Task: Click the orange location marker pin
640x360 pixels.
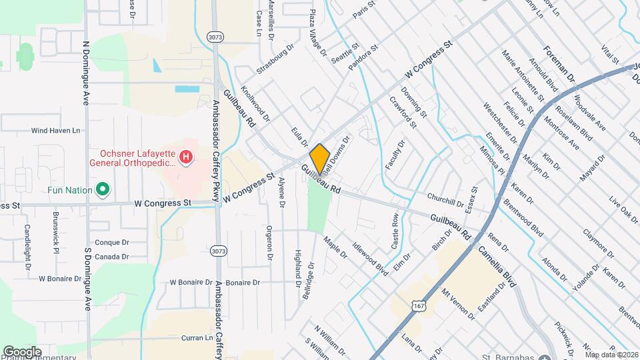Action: click(319, 158)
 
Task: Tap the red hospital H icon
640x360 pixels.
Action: click(187, 157)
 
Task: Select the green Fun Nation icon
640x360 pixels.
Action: click(103, 190)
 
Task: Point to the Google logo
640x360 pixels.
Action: click(22, 351)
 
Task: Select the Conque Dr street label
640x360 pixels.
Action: click(111, 243)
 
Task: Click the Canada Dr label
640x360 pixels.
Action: click(111, 257)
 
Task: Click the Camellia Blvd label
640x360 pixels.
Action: click(497, 266)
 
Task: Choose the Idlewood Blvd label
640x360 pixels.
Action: click(370, 258)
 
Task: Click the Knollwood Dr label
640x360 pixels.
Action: click(255, 103)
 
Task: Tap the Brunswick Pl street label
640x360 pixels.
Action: click(56, 228)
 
